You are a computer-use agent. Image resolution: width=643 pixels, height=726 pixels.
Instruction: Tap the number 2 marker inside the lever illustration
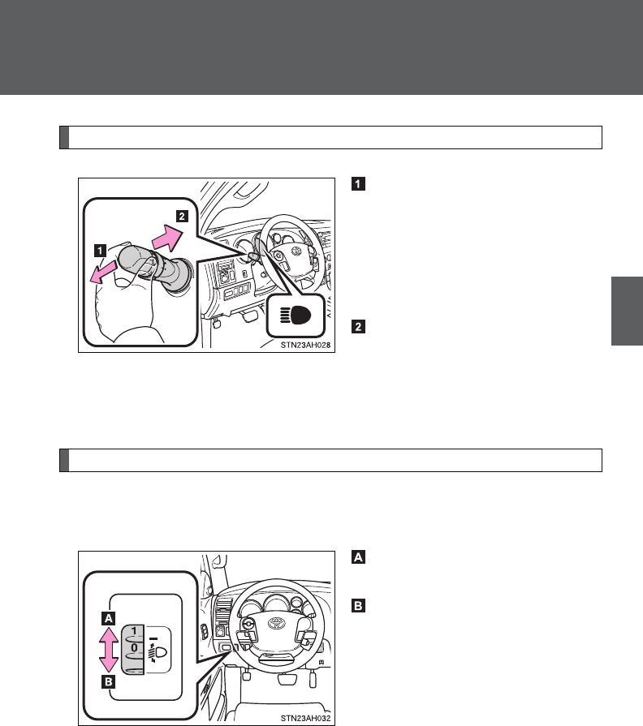tap(183, 217)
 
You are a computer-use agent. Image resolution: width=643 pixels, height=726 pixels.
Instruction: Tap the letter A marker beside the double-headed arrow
tap(106, 617)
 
